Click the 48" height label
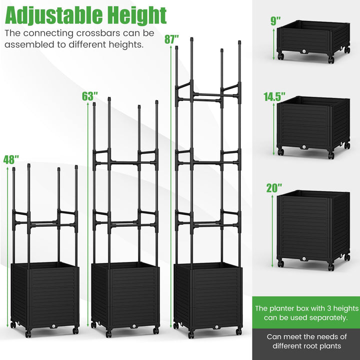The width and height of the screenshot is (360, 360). tap(11, 160)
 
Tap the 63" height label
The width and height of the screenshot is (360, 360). tap(90, 96)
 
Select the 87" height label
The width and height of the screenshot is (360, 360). tap(171, 39)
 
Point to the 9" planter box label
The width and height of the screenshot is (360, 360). tap(275, 21)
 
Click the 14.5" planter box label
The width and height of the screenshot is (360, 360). tap(274, 96)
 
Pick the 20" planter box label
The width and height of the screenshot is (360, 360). tap(274, 188)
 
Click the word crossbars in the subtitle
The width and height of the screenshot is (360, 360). tap(98, 33)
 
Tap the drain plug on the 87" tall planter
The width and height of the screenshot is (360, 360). tap(216, 326)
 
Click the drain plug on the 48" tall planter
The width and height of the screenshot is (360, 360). tap(53, 326)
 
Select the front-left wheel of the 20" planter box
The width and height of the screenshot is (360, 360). tap(280, 263)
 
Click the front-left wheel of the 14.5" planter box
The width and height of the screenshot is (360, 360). tap(280, 152)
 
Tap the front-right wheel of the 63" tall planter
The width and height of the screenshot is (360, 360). tap(155, 331)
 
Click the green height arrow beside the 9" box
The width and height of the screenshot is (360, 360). tap(273, 44)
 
